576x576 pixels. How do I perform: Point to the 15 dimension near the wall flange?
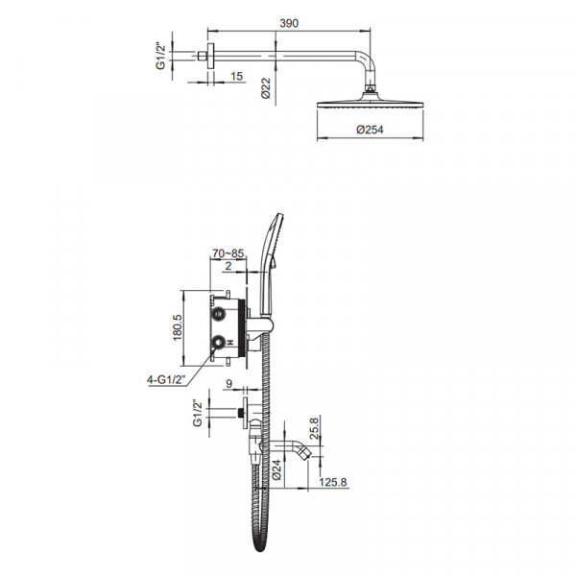tap(237, 76)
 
